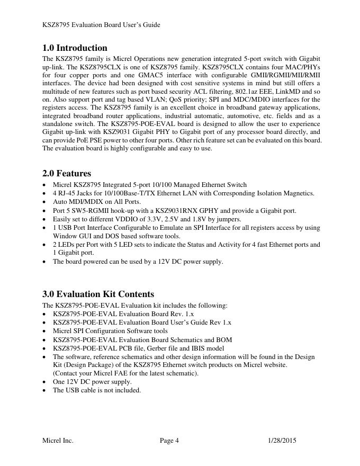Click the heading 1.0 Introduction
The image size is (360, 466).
click(75, 48)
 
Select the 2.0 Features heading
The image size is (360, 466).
click(67, 173)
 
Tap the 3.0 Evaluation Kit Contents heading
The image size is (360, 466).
click(98, 294)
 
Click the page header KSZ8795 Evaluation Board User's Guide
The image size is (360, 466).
click(101, 25)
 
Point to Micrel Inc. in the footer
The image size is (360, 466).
click(58, 440)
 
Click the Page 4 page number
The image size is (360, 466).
click(169, 440)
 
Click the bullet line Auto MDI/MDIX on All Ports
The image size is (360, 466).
click(97, 202)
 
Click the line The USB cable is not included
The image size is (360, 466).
click(97, 390)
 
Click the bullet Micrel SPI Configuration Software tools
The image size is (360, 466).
click(110, 331)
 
